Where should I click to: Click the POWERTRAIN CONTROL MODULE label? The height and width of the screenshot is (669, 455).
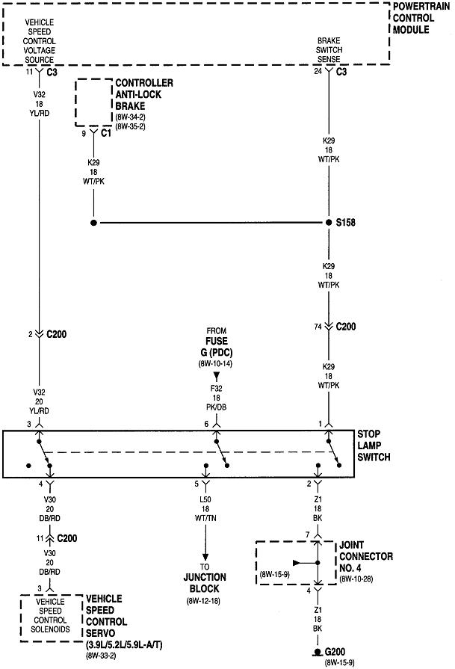pyautogui.click(x=422, y=19)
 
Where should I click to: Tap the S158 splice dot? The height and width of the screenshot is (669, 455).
pyautogui.click(x=328, y=223)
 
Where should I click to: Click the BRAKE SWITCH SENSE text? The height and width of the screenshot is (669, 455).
pyautogui.click(x=329, y=47)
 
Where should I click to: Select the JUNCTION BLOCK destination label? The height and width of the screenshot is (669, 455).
pyautogui.click(x=205, y=582)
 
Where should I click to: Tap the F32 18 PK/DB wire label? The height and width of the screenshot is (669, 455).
pyautogui.click(x=217, y=398)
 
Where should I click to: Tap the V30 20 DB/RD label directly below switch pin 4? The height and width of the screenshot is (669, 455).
pyautogui.click(x=50, y=508)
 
